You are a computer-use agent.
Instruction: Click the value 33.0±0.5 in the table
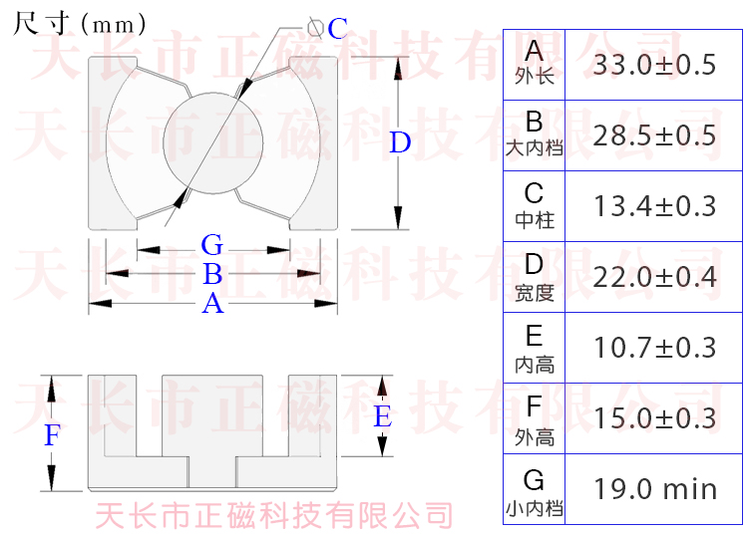(x=654, y=66)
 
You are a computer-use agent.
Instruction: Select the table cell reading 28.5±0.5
(x=654, y=135)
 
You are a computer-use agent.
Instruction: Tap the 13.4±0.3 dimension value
(x=654, y=206)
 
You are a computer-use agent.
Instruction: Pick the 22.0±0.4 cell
(x=654, y=277)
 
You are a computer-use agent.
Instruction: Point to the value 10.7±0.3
(x=654, y=348)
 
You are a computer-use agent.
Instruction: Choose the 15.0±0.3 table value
(x=654, y=418)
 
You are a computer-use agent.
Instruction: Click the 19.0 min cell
(x=654, y=489)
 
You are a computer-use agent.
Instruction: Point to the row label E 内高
(x=535, y=348)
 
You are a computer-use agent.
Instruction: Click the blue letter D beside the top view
(x=400, y=143)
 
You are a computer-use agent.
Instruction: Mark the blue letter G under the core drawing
(x=211, y=245)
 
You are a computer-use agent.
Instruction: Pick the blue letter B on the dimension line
(x=212, y=274)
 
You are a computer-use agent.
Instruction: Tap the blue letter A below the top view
(x=212, y=304)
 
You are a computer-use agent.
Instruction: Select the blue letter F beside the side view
(x=53, y=435)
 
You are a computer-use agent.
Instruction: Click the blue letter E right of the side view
(x=382, y=417)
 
